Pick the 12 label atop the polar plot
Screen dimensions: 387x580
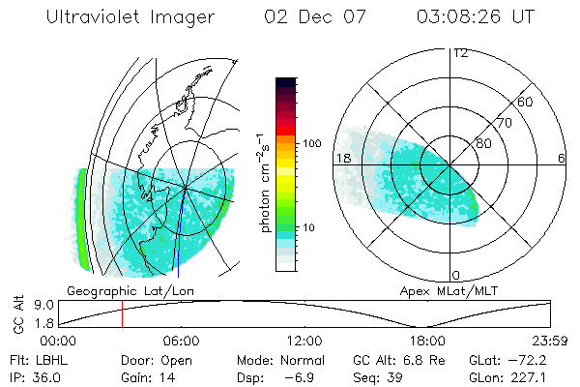pos(461,52)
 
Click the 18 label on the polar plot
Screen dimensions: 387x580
pos(341,158)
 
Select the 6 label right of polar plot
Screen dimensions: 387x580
pos(562,158)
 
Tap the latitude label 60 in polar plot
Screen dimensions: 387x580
pos(526,102)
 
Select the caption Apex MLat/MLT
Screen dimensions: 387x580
pos(440,290)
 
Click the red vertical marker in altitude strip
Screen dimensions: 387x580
pos(123,314)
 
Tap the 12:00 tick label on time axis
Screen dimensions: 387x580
pos(304,341)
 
